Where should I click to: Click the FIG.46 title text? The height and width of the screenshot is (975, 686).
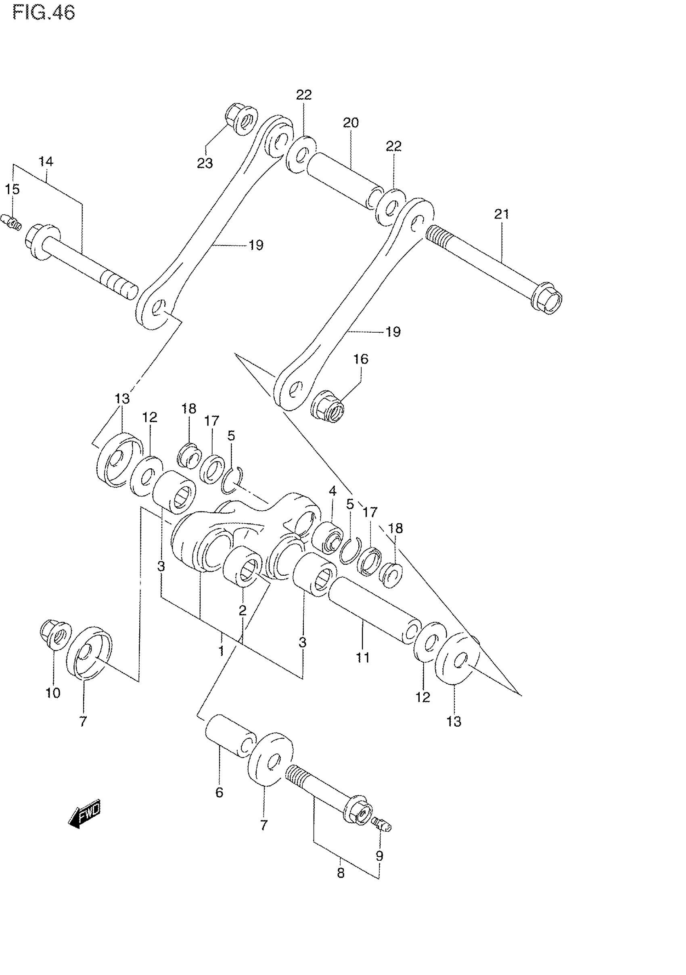point(44,13)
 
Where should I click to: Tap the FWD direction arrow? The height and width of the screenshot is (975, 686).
point(85,813)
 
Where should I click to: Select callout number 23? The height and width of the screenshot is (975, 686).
point(205,163)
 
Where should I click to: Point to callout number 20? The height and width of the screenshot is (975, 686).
point(351,123)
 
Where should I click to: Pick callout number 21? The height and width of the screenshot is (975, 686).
point(501,214)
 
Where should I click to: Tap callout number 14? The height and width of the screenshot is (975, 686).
point(46,161)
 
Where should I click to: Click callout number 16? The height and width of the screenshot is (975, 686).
point(361,359)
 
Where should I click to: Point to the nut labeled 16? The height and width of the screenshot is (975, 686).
point(328,407)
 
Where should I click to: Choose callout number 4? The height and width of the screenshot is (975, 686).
point(333,491)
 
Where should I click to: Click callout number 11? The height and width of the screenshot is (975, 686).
point(362,658)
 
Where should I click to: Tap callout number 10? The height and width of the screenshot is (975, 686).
point(53,693)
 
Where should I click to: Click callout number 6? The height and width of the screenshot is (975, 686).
point(219,793)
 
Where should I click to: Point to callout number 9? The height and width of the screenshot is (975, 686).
point(379,855)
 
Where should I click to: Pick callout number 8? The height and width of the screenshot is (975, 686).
point(341,874)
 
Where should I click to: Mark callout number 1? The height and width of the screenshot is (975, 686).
point(221,651)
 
